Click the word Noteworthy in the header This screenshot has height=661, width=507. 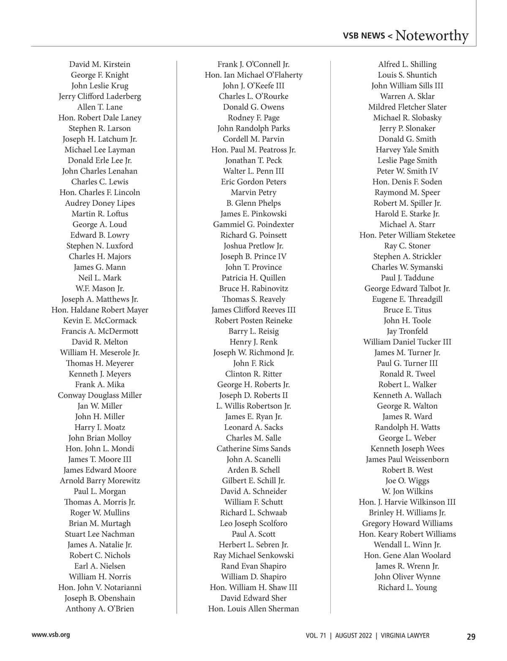pyautogui.click(x=431, y=36)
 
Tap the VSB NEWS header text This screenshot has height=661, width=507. pyautogui.click(x=364, y=36)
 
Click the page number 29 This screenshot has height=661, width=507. pyautogui.click(x=471, y=636)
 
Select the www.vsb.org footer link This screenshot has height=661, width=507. pyautogui.click(x=51, y=634)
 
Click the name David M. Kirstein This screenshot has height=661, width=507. pyautogui.click(x=100, y=64)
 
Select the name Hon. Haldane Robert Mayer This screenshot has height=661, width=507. pyautogui.click(x=100, y=310)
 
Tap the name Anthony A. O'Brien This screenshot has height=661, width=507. pyautogui.click(x=100, y=609)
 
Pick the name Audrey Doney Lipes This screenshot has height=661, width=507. pyautogui.click(x=100, y=203)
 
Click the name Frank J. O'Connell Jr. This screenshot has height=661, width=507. pyautogui.click(x=253, y=64)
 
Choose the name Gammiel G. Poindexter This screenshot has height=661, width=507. pyautogui.click(x=253, y=224)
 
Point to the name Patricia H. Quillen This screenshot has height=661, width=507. pyautogui.click(x=253, y=278)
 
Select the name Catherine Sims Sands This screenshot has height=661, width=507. pyautogui.click(x=253, y=448)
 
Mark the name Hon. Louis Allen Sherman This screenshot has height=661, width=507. pyautogui.click(x=253, y=609)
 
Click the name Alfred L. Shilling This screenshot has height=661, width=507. pyautogui.click(x=407, y=64)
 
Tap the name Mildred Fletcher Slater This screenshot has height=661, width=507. pyautogui.click(x=407, y=107)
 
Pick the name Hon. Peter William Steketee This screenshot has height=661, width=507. pyautogui.click(x=407, y=235)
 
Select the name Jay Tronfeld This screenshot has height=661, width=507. pyautogui.click(x=407, y=331)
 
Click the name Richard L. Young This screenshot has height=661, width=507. pyautogui.click(x=407, y=587)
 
